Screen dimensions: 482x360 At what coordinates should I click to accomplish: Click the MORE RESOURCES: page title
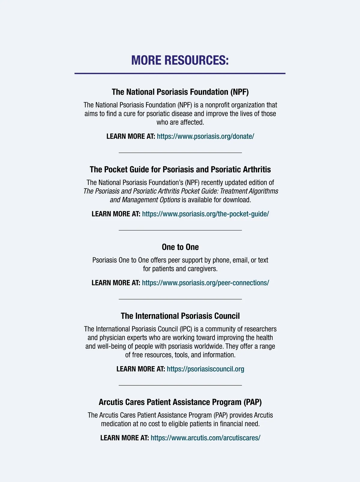click(180, 60)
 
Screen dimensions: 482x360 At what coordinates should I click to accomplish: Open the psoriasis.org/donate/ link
click(205, 136)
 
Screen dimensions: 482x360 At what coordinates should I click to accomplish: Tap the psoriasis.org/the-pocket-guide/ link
click(205, 214)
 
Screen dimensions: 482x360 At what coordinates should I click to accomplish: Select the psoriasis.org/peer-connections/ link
click(205, 283)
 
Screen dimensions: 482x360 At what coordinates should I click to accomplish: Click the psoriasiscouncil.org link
click(205, 369)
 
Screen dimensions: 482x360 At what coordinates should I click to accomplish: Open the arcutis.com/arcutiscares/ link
click(205, 438)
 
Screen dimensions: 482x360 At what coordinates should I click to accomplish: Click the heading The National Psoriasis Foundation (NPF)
click(180, 92)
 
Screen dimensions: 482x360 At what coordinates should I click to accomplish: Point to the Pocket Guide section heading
click(180, 170)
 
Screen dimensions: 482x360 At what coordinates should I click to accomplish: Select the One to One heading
click(180, 247)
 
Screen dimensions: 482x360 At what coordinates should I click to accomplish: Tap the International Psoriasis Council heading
click(180, 316)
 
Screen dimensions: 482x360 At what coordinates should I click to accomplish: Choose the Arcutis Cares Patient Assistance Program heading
click(180, 402)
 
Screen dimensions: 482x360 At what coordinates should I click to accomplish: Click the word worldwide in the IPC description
click(210, 346)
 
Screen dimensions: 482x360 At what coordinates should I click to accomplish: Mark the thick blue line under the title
click(180, 73)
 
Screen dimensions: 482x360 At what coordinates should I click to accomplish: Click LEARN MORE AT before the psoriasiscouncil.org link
click(140, 369)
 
